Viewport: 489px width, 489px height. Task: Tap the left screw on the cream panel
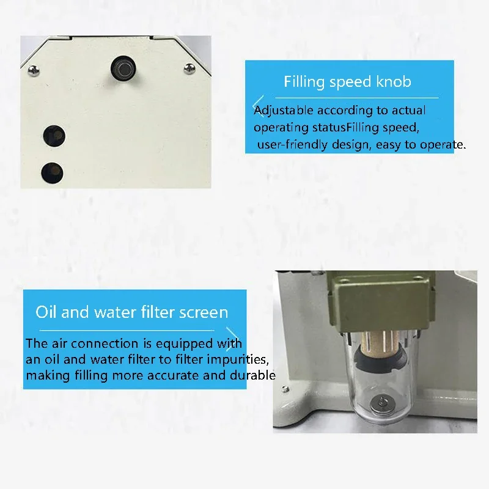34,70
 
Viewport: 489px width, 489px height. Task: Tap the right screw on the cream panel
189,68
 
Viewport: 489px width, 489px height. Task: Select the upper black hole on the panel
54,136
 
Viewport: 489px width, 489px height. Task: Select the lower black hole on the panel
53,173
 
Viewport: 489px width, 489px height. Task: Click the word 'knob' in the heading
394,81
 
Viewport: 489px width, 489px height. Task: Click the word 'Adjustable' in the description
283,111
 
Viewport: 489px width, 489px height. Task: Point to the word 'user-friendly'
292,145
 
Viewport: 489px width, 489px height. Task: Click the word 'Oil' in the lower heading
46,312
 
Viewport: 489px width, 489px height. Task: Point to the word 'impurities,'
238,359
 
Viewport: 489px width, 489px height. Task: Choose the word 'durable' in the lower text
252,375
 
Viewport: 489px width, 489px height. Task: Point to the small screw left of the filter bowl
285,389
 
